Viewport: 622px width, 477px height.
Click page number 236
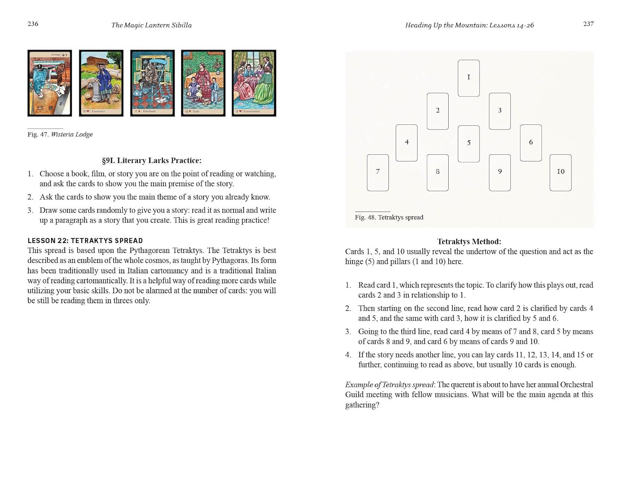33,24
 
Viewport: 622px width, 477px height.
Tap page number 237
588,24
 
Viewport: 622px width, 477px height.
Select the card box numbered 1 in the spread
469,78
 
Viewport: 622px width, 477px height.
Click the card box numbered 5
469,144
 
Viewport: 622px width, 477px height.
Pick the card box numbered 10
560,173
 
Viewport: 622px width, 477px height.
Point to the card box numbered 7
378,173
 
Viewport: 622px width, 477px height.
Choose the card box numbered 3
500,111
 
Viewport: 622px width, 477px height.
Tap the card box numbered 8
437,173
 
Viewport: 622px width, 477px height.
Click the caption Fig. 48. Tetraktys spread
389,217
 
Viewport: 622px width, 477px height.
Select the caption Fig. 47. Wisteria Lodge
60,134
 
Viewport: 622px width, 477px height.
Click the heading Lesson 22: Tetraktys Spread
85,241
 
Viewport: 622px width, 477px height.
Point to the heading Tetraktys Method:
469,241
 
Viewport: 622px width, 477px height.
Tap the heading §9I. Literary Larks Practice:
152,161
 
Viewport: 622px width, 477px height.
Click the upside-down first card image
50,83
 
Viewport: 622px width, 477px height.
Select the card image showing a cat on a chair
152,83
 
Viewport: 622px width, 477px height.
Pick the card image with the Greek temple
101,83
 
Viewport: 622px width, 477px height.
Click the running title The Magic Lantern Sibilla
151,25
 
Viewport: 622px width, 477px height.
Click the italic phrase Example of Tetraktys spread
389,385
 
